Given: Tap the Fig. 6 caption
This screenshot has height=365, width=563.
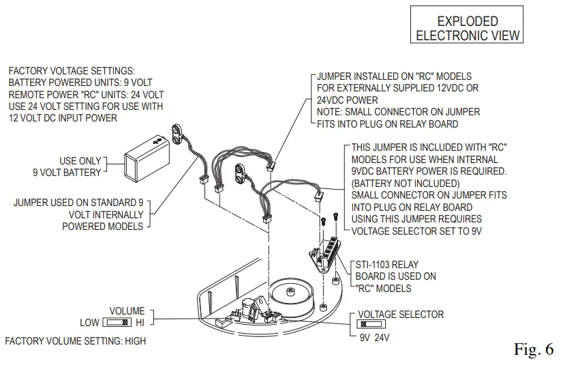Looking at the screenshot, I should (x=535, y=350).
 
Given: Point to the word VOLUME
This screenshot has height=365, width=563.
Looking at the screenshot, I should (x=127, y=311).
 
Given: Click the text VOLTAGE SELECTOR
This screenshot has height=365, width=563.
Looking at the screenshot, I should (x=401, y=315).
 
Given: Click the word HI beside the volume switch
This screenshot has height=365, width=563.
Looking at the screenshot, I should (x=141, y=323).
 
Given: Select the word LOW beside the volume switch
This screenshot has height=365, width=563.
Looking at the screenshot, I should (x=89, y=323).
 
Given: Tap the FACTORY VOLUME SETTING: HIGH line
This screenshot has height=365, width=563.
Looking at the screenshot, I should (x=75, y=340).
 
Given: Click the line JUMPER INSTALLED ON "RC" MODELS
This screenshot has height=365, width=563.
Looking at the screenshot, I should (x=394, y=76).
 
